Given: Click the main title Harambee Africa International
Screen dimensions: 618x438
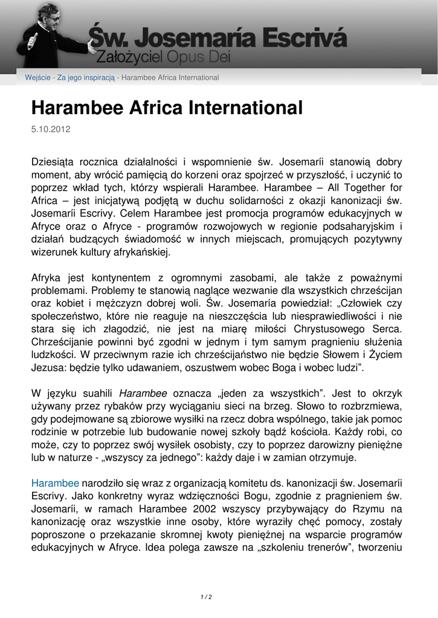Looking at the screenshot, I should pos(166,108).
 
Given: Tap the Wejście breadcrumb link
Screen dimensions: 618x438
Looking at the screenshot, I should pos(37,78).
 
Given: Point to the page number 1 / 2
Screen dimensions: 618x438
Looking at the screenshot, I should pos(206,597).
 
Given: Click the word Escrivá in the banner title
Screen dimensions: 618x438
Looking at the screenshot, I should pos(298,37).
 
